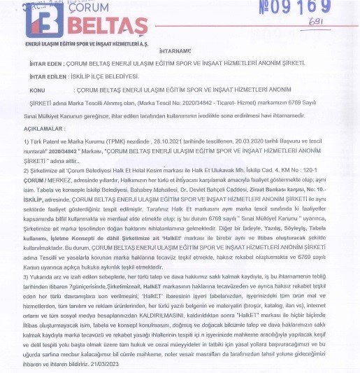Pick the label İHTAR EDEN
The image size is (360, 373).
click(43, 64)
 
